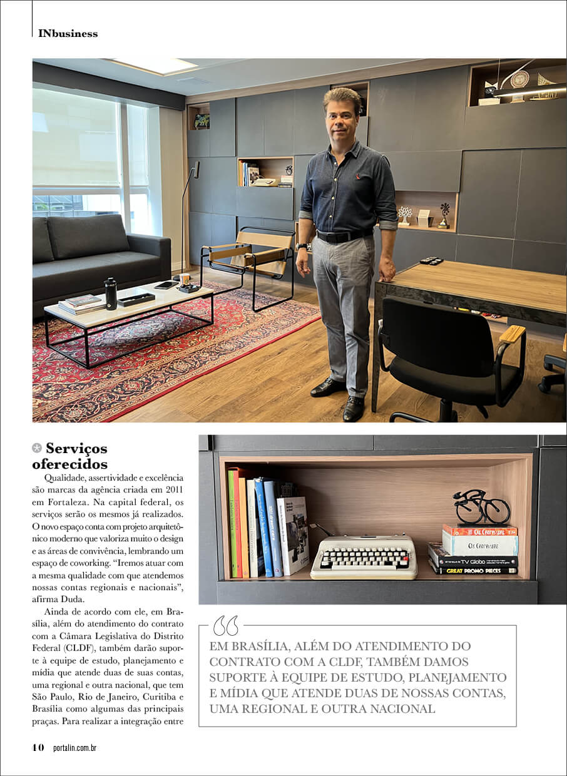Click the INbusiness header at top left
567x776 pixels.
68,34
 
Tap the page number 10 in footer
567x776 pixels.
38,747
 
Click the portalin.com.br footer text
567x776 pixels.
75,747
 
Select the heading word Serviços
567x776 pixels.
76,448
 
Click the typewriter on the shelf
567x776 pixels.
364,556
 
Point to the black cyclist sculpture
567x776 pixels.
481,507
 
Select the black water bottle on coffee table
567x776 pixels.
111,294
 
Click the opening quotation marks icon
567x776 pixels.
225,626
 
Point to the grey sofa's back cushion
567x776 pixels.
88,235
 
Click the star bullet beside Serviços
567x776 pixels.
37,448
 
